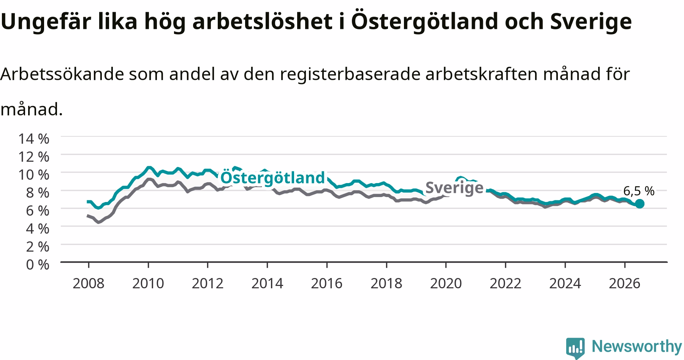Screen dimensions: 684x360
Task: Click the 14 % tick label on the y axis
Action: click(x=34, y=139)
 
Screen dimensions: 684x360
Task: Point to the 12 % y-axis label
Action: click(x=34, y=156)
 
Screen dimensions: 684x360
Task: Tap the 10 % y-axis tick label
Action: click(x=34, y=174)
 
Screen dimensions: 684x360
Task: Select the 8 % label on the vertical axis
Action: click(x=38, y=192)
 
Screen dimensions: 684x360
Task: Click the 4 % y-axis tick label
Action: click(x=38, y=228)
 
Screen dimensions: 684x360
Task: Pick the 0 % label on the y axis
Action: click(x=38, y=264)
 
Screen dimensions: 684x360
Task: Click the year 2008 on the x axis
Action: click(x=89, y=283)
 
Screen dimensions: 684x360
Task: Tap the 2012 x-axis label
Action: click(x=207, y=283)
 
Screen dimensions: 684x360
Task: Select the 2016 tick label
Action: click(x=327, y=283)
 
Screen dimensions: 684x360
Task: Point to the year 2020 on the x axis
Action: click(x=446, y=283)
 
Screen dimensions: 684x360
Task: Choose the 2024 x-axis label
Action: click(x=565, y=283)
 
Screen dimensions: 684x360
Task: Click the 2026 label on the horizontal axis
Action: click(x=625, y=283)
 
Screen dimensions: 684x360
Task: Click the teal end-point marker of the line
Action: click(x=640, y=204)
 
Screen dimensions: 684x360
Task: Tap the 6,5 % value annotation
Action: click(x=639, y=191)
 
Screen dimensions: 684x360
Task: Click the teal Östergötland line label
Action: click(x=273, y=178)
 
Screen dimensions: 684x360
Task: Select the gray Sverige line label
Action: click(x=454, y=188)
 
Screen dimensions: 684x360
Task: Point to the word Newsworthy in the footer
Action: click(x=637, y=347)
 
